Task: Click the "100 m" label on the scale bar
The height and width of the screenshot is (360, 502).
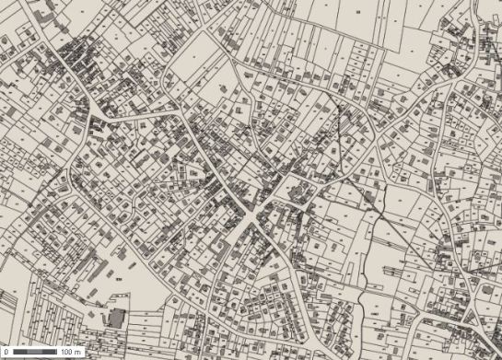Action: click(72, 353)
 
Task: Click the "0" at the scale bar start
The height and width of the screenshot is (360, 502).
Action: click(7, 353)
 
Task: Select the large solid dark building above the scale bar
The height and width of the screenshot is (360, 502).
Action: click(116, 319)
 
